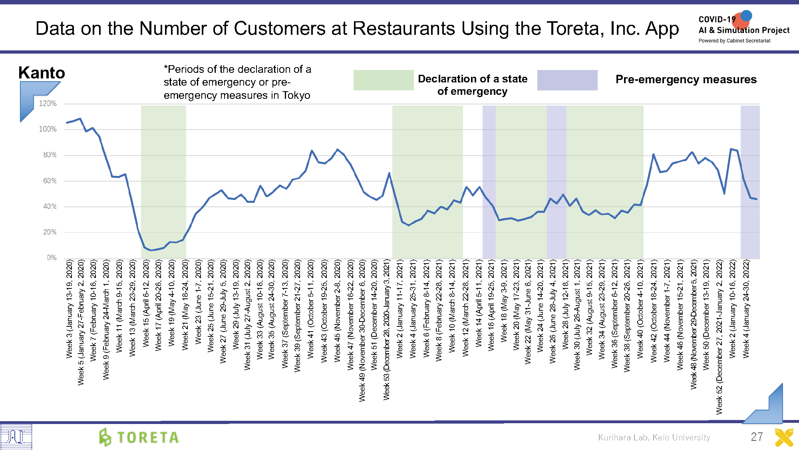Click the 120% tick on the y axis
(48, 104)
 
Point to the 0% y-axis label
(52, 258)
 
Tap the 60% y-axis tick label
(50, 181)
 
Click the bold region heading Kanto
(42, 73)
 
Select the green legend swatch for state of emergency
(383, 80)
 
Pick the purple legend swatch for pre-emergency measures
(567, 80)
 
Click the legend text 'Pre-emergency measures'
(686, 79)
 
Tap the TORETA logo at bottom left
(139, 437)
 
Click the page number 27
(756, 437)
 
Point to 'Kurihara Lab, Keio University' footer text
(654, 438)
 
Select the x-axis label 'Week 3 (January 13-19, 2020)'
(70, 308)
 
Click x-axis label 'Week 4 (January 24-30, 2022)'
(746, 308)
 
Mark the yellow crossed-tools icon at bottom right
(784, 437)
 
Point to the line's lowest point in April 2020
(151, 250)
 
